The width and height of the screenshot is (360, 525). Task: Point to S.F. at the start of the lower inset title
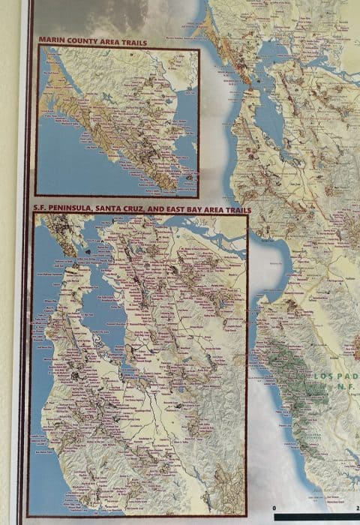[40, 211]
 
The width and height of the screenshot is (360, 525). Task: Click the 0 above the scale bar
[275, 509]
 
